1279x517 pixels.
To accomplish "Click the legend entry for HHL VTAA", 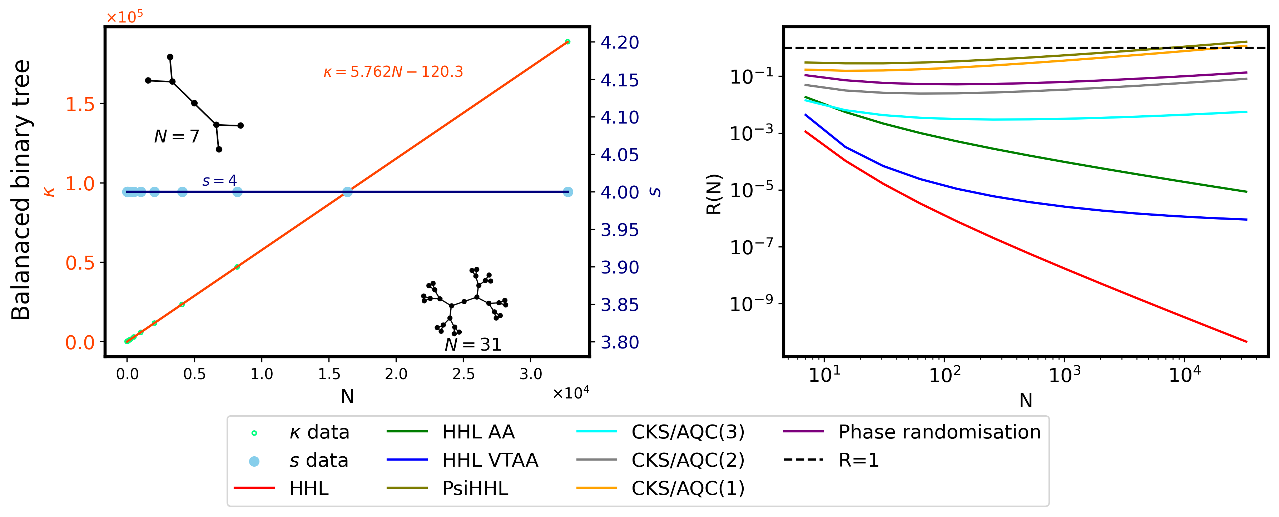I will [x=490, y=461].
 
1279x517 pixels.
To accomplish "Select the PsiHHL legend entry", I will [x=475, y=489].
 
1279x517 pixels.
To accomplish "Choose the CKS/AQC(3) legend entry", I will [x=688, y=432].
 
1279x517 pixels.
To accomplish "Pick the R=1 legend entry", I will [x=858, y=461].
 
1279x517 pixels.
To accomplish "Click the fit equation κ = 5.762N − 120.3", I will [x=393, y=72].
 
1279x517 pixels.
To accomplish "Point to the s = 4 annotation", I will [x=219, y=181].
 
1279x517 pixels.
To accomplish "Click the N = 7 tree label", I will [x=177, y=136].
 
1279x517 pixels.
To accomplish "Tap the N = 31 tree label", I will [x=473, y=344].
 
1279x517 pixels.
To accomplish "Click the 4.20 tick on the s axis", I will [x=620, y=43].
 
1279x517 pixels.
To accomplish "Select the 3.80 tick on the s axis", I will [x=620, y=342].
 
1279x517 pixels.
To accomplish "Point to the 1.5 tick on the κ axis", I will [x=80, y=104].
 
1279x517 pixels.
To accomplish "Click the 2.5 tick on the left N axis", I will [x=463, y=374].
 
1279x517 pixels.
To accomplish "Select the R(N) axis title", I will [x=714, y=194].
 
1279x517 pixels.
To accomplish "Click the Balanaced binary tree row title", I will [x=21, y=190].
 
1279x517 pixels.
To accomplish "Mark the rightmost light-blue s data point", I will [x=568, y=192].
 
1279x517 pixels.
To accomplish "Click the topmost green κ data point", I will [x=567, y=42].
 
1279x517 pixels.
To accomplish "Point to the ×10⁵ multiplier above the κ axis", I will [x=125, y=17].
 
